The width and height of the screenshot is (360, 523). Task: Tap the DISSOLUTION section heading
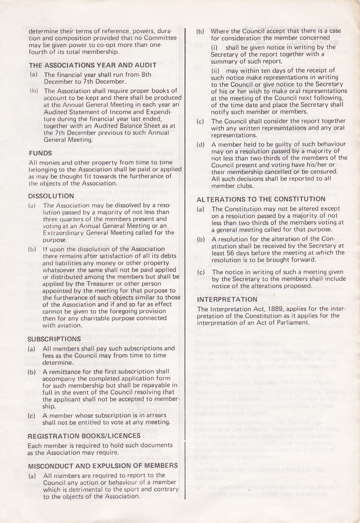[x=51, y=196]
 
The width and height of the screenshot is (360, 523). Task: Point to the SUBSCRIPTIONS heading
[x=54, y=339]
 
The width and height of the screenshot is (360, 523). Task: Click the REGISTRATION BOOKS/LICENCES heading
[x=84, y=436]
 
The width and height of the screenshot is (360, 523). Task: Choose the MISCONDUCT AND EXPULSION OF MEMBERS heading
[x=103, y=465]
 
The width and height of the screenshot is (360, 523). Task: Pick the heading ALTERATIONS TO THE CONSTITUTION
[x=261, y=199]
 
